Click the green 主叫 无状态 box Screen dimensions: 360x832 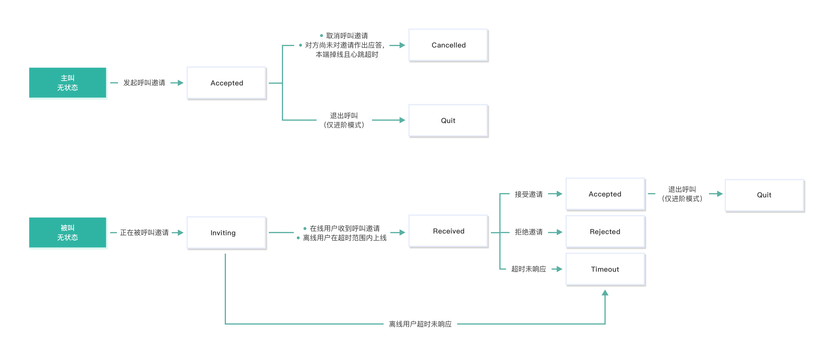[67, 83]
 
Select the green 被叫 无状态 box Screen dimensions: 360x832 [67, 232]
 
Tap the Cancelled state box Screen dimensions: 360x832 [448, 45]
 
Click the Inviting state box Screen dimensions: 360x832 [226, 232]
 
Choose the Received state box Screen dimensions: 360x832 [448, 231]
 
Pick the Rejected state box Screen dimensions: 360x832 [605, 231]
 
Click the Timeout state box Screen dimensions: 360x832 [605, 269]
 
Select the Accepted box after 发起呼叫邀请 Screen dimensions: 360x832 [226, 83]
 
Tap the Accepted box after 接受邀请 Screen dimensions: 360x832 [605, 194]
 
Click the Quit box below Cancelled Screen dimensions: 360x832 [448, 120]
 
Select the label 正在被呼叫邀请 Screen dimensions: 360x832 [144, 232]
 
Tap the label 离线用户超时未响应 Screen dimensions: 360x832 [420, 324]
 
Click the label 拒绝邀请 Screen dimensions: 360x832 [528, 232]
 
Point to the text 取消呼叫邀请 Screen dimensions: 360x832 [347, 36]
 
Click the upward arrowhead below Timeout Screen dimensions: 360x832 [605, 293]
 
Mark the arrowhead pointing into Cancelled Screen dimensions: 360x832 [402, 45]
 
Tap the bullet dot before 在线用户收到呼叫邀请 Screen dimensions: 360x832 [305, 229]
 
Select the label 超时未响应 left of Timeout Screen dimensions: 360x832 [528, 269]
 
